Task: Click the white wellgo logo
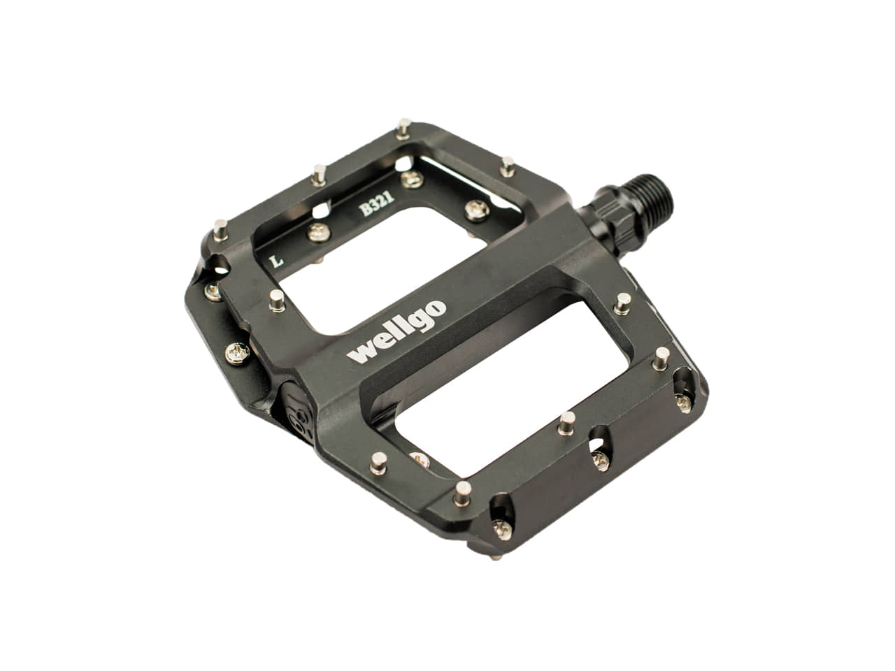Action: click(x=396, y=332)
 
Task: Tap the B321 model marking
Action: click(x=376, y=203)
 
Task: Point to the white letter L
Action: click(x=278, y=260)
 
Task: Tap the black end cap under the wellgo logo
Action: click(x=297, y=412)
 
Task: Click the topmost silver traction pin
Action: click(x=403, y=129)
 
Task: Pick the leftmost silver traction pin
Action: click(x=220, y=230)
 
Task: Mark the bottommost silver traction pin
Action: click(x=462, y=493)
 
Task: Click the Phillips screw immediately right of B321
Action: click(x=477, y=210)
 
